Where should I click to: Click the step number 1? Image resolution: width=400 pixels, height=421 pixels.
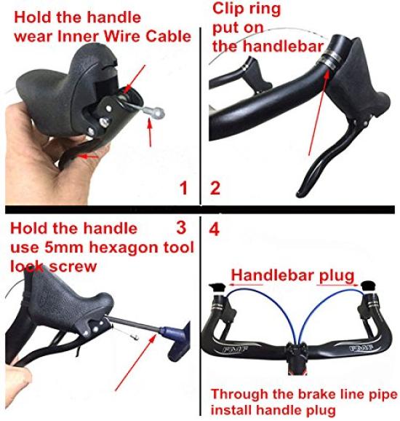tap(184, 189)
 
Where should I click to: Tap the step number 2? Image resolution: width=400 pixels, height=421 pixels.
tap(216, 189)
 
